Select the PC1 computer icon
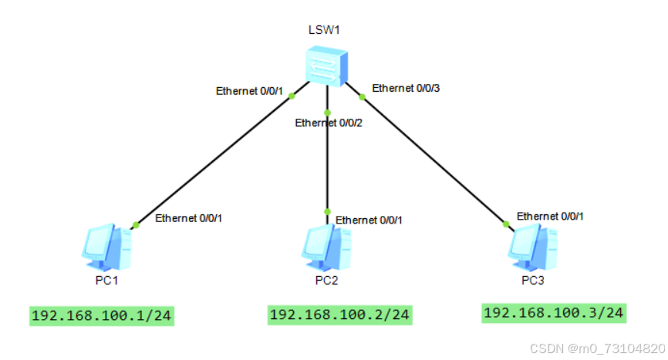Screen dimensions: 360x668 tap(106, 245)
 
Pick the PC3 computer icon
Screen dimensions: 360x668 tap(531, 245)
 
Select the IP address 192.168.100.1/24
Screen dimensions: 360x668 tap(103, 315)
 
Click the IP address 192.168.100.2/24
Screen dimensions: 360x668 tap(340, 315)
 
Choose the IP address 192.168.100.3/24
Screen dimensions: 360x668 tap(553, 312)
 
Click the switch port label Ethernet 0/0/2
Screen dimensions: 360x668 tap(329, 123)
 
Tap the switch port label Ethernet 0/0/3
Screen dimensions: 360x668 tap(406, 88)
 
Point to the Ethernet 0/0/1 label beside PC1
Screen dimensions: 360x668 tap(189, 218)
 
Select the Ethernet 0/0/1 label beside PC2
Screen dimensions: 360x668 tap(369, 220)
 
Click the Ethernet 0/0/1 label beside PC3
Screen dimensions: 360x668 tap(550, 216)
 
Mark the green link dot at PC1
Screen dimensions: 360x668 tap(136, 225)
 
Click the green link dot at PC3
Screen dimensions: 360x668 tap(506, 224)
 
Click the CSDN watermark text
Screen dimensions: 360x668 tap(612, 348)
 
